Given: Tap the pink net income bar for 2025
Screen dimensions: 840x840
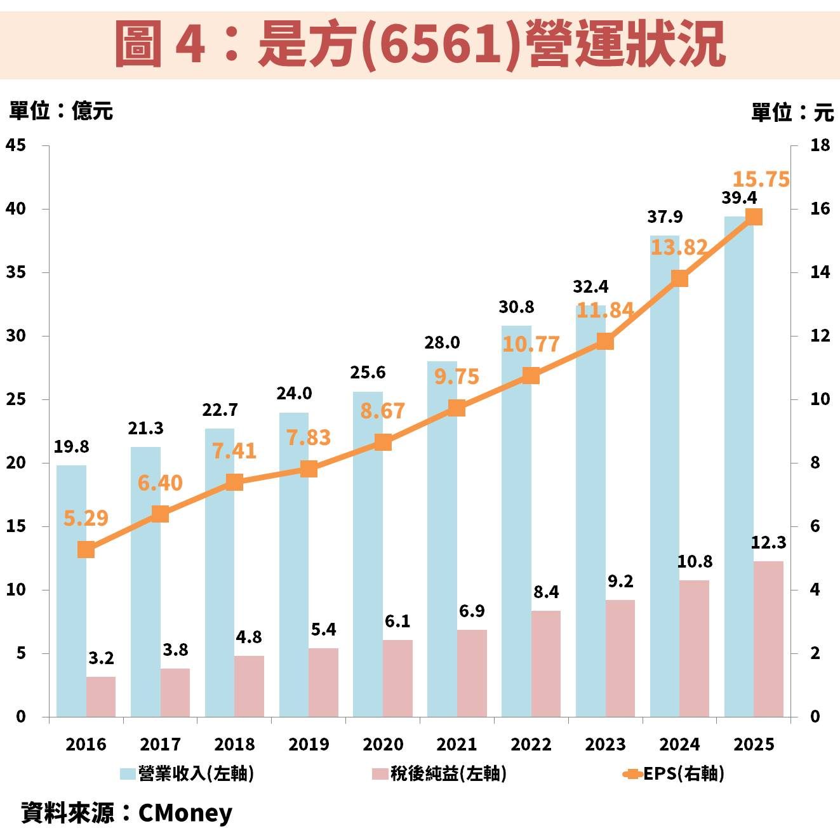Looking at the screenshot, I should click(x=768, y=639).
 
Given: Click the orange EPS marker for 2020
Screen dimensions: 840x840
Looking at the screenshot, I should click(x=382, y=443).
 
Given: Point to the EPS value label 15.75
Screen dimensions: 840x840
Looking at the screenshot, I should click(x=761, y=180).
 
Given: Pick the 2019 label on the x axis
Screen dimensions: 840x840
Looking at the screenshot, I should click(x=309, y=744).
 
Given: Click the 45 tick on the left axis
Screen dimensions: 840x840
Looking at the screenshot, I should click(x=17, y=145).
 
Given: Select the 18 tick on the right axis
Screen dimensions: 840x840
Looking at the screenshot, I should click(x=820, y=145).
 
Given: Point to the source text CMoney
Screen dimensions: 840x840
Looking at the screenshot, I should click(x=185, y=813).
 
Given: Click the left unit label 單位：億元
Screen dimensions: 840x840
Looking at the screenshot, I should click(x=61, y=111).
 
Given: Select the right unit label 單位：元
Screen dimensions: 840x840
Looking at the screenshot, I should click(x=792, y=112).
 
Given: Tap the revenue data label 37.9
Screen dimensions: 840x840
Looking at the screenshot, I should click(x=665, y=217).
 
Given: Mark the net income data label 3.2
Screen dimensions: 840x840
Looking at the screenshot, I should click(x=101, y=658).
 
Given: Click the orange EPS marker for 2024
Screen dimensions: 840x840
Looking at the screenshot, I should click(x=679, y=279).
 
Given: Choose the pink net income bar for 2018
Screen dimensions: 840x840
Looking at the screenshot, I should click(x=249, y=686).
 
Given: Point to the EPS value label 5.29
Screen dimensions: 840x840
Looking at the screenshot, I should click(x=86, y=518).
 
